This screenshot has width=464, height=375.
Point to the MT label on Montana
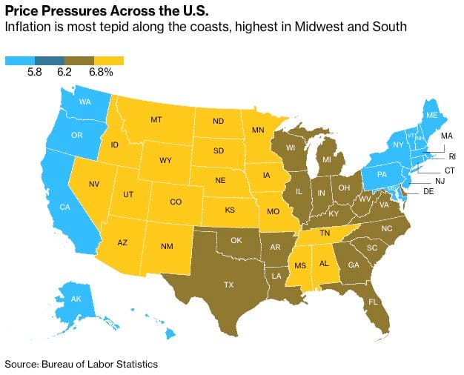pos(156,119)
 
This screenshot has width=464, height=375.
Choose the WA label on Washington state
pos(85,102)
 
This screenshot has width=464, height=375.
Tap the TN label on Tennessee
pos(324,233)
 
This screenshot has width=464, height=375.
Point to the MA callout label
pos(446,136)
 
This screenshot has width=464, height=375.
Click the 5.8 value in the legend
pos(34,73)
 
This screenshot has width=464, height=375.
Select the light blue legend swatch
pos(19,61)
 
